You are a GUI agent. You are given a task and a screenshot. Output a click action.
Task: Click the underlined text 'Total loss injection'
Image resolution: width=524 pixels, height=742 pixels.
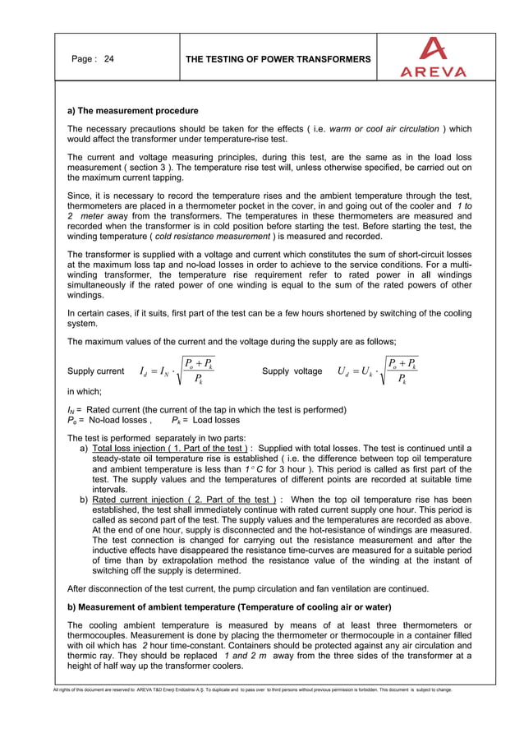coord(134,448)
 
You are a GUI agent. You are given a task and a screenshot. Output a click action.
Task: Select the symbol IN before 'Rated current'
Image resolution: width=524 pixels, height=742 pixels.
coord(71,410)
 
